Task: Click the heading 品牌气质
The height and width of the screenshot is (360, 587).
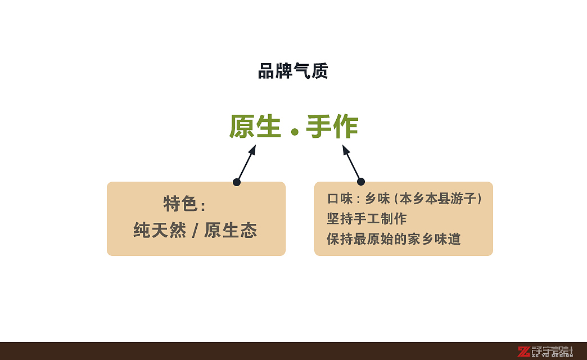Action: click(x=293, y=71)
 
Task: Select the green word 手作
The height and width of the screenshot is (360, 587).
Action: click(x=332, y=127)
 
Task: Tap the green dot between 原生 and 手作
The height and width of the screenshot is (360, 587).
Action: click(x=294, y=132)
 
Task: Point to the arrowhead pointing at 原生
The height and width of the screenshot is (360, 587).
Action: click(x=252, y=150)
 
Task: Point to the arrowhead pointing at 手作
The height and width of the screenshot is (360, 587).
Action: click(x=346, y=150)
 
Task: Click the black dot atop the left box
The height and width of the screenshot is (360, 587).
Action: click(x=237, y=182)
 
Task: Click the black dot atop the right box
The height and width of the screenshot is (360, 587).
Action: click(x=361, y=182)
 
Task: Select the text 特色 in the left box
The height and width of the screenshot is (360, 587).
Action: click(x=180, y=204)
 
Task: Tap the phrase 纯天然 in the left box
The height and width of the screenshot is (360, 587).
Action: click(x=160, y=230)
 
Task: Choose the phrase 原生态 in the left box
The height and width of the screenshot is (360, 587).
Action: click(x=231, y=230)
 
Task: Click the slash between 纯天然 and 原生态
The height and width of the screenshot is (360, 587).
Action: click(x=195, y=231)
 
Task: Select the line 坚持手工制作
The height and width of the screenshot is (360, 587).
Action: click(x=367, y=219)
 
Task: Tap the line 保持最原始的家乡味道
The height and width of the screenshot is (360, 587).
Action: click(x=394, y=239)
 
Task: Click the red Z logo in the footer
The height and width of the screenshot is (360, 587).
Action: click(x=523, y=352)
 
